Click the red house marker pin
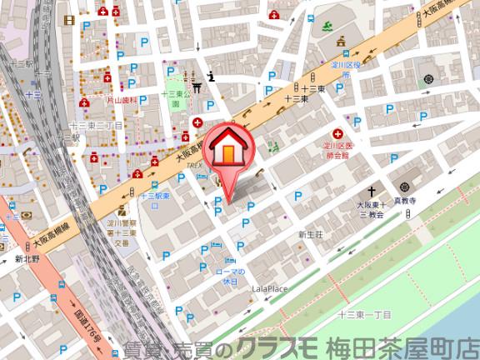[227, 155]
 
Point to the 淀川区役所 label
[342, 68]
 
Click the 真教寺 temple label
[403, 201]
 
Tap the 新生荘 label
[310, 235]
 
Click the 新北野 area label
[26, 258]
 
